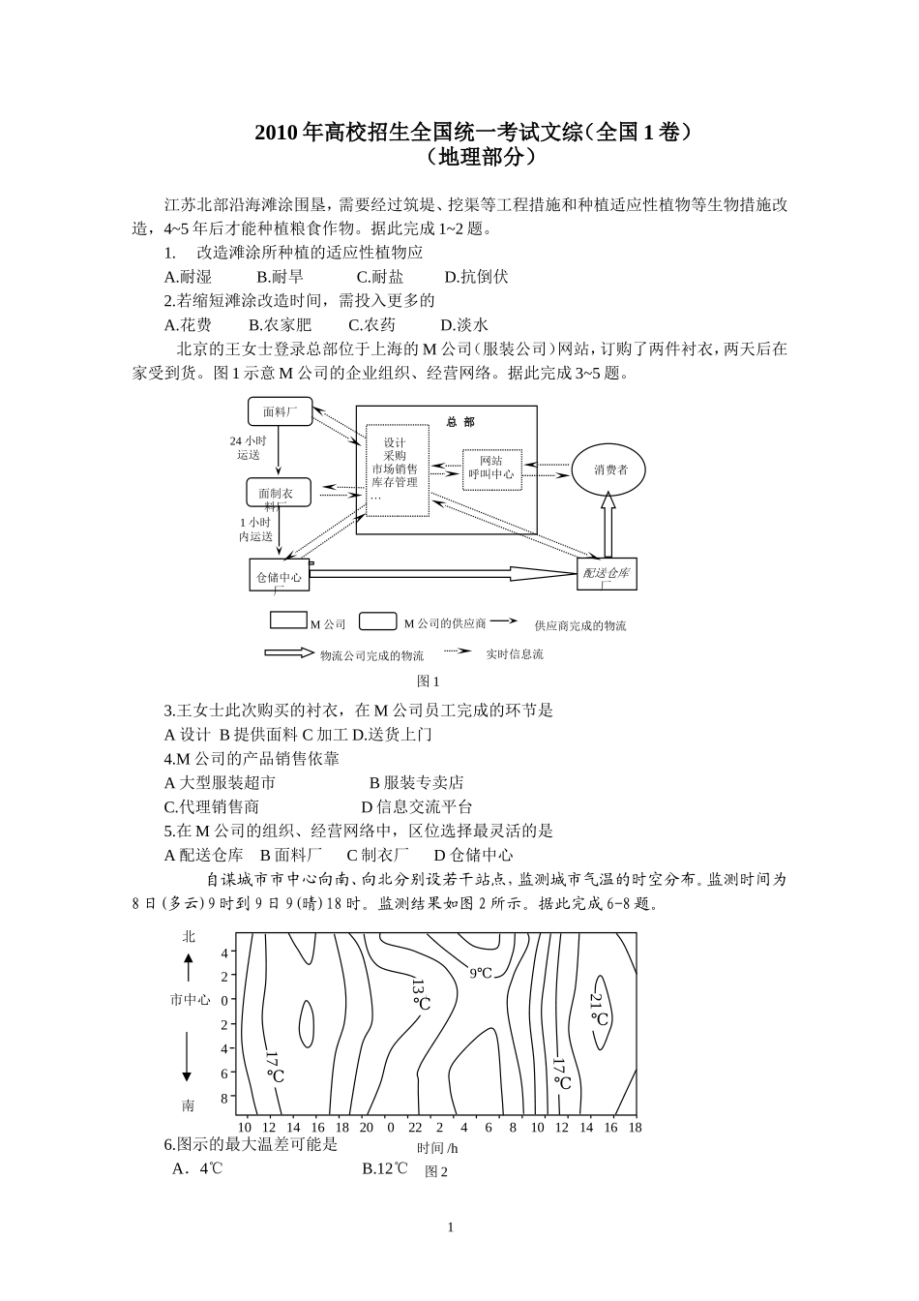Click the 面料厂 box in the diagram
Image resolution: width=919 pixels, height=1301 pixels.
(x=279, y=411)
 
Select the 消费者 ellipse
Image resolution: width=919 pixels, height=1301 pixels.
(x=611, y=469)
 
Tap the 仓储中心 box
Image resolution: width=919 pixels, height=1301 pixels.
(x=279, y=577)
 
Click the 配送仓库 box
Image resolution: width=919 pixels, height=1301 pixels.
(x=607, y=573)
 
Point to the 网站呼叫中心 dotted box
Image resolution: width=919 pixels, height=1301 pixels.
(x=491, y=469)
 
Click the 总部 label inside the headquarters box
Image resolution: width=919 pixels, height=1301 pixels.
(x=460, y=422)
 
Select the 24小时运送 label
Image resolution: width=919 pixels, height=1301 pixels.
(x=248, y=447)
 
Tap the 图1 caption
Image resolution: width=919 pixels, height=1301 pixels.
(x=428, y=681)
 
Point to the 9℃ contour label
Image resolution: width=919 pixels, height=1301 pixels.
(x=481, y=973)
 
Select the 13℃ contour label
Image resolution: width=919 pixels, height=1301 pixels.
(x=420, y=995)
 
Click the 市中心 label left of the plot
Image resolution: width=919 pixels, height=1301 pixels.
(x=190, y=1000)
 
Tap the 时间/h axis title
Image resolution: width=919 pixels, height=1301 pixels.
(x=437, y=1148)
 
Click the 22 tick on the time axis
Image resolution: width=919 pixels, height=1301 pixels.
(x=415, y=1127)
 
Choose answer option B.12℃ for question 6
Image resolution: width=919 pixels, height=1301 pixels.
(x=385, y=1168)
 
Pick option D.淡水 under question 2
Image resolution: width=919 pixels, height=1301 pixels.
(x=464, y=325)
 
